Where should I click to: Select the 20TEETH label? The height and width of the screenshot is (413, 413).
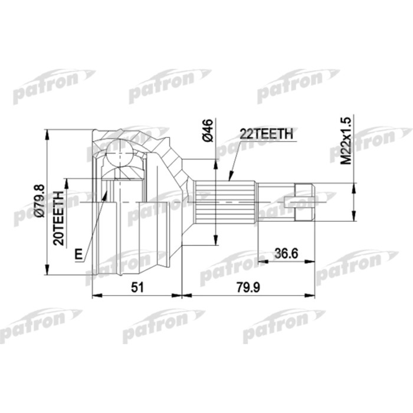(58, 218)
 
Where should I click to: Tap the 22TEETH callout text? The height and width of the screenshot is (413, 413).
(266, 134)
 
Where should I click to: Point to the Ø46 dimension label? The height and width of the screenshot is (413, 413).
(207, 130)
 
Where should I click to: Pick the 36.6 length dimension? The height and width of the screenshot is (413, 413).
(286, 254)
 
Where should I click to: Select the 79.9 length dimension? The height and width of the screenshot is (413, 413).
(248, 287)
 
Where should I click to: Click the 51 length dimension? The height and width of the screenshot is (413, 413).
(137, 287)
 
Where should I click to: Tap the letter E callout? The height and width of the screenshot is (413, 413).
(78, 254)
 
